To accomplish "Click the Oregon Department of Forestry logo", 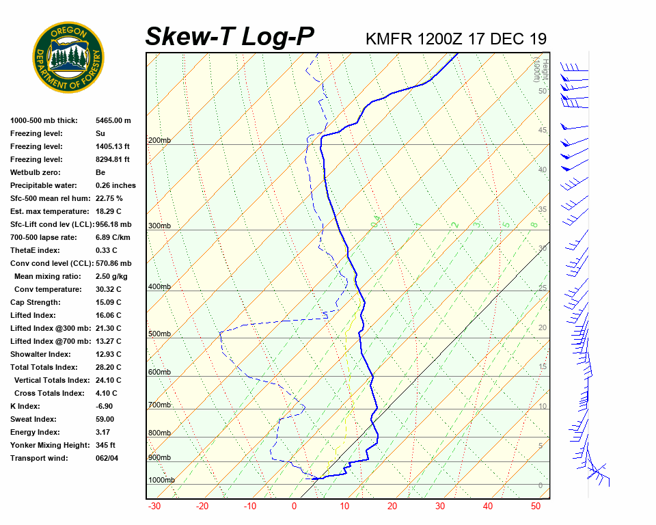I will [x=68, y=57].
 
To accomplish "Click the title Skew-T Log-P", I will [x=230, y=37].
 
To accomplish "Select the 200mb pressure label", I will [x=159, y=141].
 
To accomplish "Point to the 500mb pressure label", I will [x=159, y=334].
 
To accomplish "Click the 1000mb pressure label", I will [x=161, y=481].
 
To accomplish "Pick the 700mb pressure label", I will [x=159, y=405].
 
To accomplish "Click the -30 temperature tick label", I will [x=154, y=507].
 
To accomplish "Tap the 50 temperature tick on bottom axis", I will [x=536, y=507].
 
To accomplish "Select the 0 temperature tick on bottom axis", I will [x=295, y=507].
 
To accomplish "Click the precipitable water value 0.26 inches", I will [x=115, y=185].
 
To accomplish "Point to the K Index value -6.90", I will [x=107, y=406].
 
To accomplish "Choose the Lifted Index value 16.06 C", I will [x=109, y=315].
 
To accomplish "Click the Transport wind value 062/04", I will [x=108, y=458].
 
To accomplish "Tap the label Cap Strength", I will [x=36, y=302].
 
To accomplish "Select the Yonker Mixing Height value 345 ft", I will [x=106, y=445].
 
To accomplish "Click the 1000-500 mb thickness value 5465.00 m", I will [x=113, y=120].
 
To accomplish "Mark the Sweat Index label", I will [x=33, y=419].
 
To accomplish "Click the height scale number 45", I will [x=543, y=131].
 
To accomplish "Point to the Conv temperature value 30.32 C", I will [x=109, y=289].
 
